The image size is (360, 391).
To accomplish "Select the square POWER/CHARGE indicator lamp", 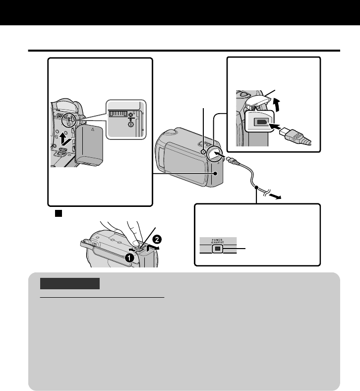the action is click(216, 249).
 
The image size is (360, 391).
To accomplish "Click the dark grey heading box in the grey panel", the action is click(70, 284).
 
